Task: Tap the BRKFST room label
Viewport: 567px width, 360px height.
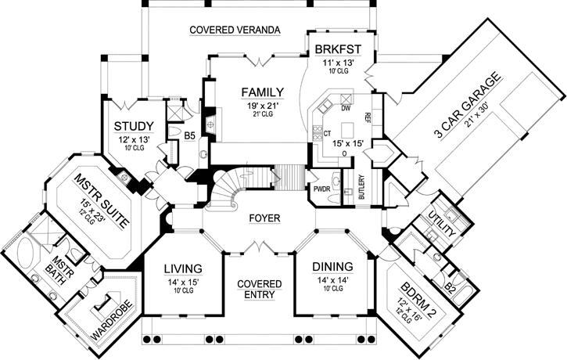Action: coord(336,51)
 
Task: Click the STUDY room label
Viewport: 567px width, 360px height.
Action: coord(133,126)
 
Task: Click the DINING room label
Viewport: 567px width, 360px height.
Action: coord(331,266)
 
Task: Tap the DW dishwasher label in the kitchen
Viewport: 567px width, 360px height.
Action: coord(345,109)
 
